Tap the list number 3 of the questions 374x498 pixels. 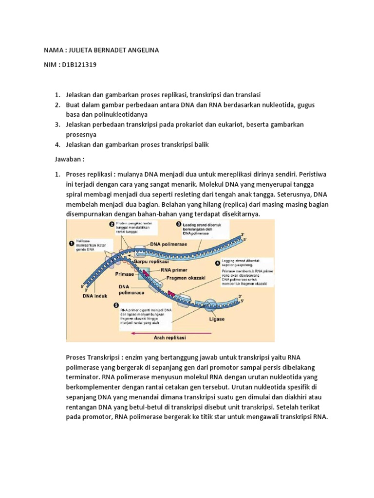coord(56,124)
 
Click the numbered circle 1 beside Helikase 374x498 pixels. coord(71,243)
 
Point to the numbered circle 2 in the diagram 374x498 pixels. coord(112,224)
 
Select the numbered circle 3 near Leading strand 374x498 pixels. coord(178,225)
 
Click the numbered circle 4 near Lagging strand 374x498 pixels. coord(217,263)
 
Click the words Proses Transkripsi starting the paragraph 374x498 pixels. coord(89,357)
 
